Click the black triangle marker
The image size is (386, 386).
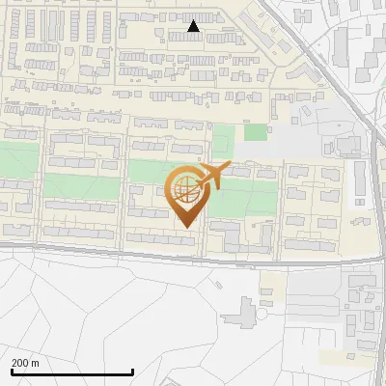click(194, 27)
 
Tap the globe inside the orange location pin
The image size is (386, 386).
click(184, 188)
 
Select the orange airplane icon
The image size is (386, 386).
click(212, 176)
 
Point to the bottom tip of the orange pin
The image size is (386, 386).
click(184, 228)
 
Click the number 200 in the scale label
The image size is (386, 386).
click(21, 364)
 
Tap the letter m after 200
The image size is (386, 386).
click(36, 364)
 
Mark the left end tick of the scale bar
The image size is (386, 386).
click(12, 371)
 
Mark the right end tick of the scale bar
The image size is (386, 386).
click(132, 371)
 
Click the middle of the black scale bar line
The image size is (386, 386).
click(72, 372)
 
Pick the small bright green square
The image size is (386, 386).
click(255, 132)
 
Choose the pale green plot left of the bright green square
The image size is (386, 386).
click(224, 139)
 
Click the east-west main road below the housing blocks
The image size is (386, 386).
click(145, 253)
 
